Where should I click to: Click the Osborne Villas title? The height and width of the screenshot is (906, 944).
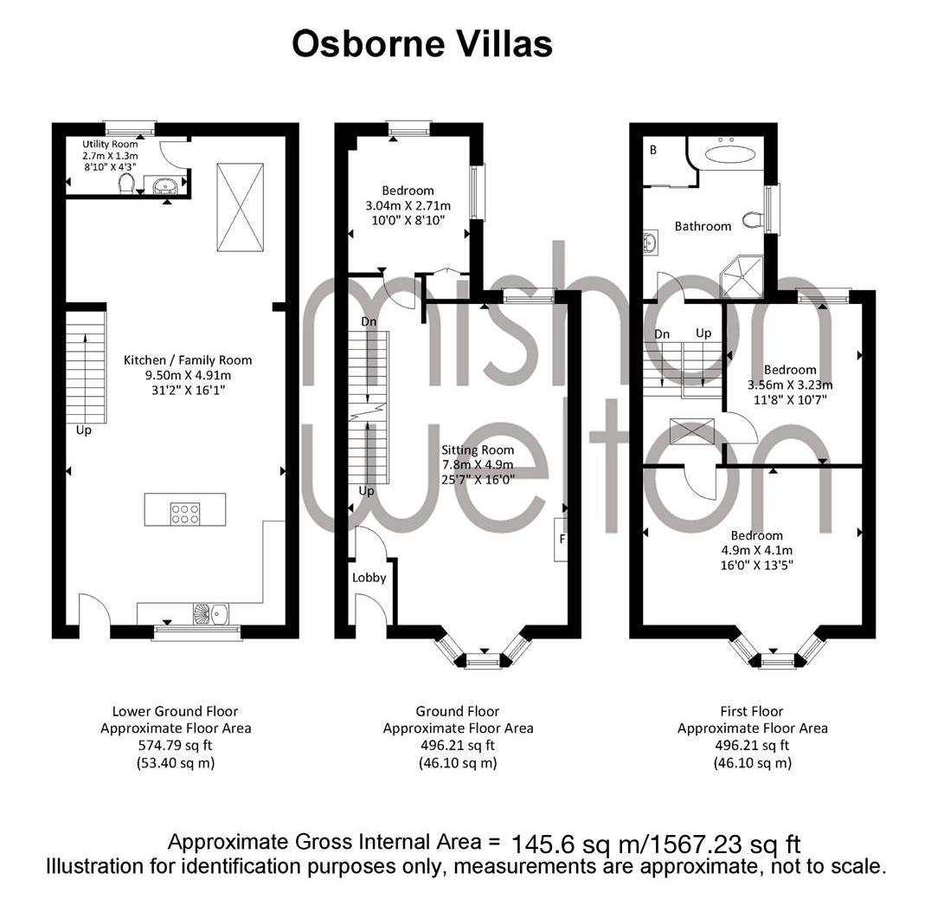pos(422,44)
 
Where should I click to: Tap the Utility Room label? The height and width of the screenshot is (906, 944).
pos(110,144)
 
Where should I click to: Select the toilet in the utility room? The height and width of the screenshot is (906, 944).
pos(126,184)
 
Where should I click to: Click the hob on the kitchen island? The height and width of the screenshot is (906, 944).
pos(185,514)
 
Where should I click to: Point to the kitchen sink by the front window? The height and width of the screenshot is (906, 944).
pos(211,613)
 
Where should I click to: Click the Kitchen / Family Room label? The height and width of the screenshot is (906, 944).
pos(188,359)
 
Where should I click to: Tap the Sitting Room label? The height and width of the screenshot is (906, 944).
pos(478,450)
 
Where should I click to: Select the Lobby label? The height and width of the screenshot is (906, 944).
pos(369,578)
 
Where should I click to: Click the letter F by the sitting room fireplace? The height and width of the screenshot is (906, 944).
pos(562,538)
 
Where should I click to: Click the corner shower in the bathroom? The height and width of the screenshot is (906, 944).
pos(742,277)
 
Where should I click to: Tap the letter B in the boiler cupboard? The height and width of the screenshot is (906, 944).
pos(653,150)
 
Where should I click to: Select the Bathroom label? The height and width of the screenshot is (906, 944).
pos(703,227)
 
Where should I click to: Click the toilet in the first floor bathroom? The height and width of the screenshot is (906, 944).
pos(753,219)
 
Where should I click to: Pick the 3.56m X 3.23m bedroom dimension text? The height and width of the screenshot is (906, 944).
pos(790,385)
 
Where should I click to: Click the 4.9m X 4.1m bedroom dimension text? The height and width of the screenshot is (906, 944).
pos(757,550)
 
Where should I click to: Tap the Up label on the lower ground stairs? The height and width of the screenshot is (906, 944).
pos(84,431)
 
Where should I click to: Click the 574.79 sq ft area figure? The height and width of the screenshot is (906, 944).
pos(175,746)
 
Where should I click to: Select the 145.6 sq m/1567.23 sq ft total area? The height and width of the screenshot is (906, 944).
pos(656,844)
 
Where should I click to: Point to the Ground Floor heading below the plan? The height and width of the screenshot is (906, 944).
pos(458,711)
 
